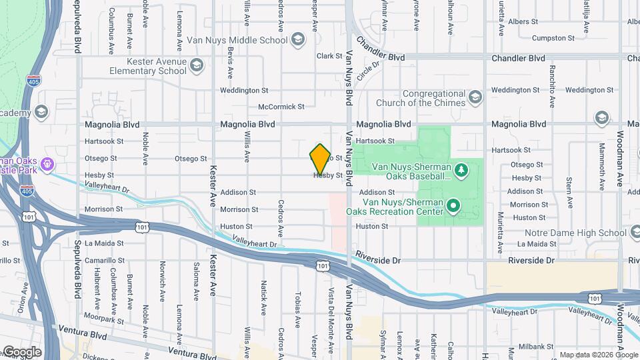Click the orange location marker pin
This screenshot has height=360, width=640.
(320, 159)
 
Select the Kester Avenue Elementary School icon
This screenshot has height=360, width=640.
(196, 65)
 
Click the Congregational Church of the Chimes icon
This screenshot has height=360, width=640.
(475, 98)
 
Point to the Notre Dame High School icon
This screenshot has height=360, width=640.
(634, 233)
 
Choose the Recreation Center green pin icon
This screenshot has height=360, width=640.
(453, 206)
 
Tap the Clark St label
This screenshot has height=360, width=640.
(329, 56)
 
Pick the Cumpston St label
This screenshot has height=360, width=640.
(549, 39)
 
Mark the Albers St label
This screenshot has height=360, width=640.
(523, 22)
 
